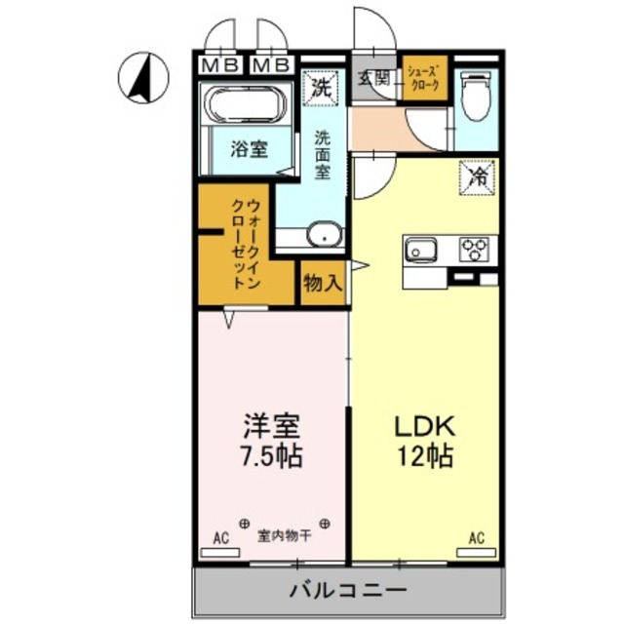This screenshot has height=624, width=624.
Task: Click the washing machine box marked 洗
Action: tap(321, 86)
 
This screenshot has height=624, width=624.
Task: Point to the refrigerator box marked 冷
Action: tap(479, 176)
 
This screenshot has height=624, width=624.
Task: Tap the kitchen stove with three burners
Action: tap(476, 249)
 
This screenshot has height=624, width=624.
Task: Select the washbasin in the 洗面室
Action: tap(323, 235)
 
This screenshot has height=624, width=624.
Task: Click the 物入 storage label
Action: tap(322, 284)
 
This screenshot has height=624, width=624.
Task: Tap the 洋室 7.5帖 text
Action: tap(272, 441)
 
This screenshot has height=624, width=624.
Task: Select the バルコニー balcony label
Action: tap(348, 590)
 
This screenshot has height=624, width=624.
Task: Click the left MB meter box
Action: tap(222, 66)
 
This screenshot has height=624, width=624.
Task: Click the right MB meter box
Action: tap(270, 66)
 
